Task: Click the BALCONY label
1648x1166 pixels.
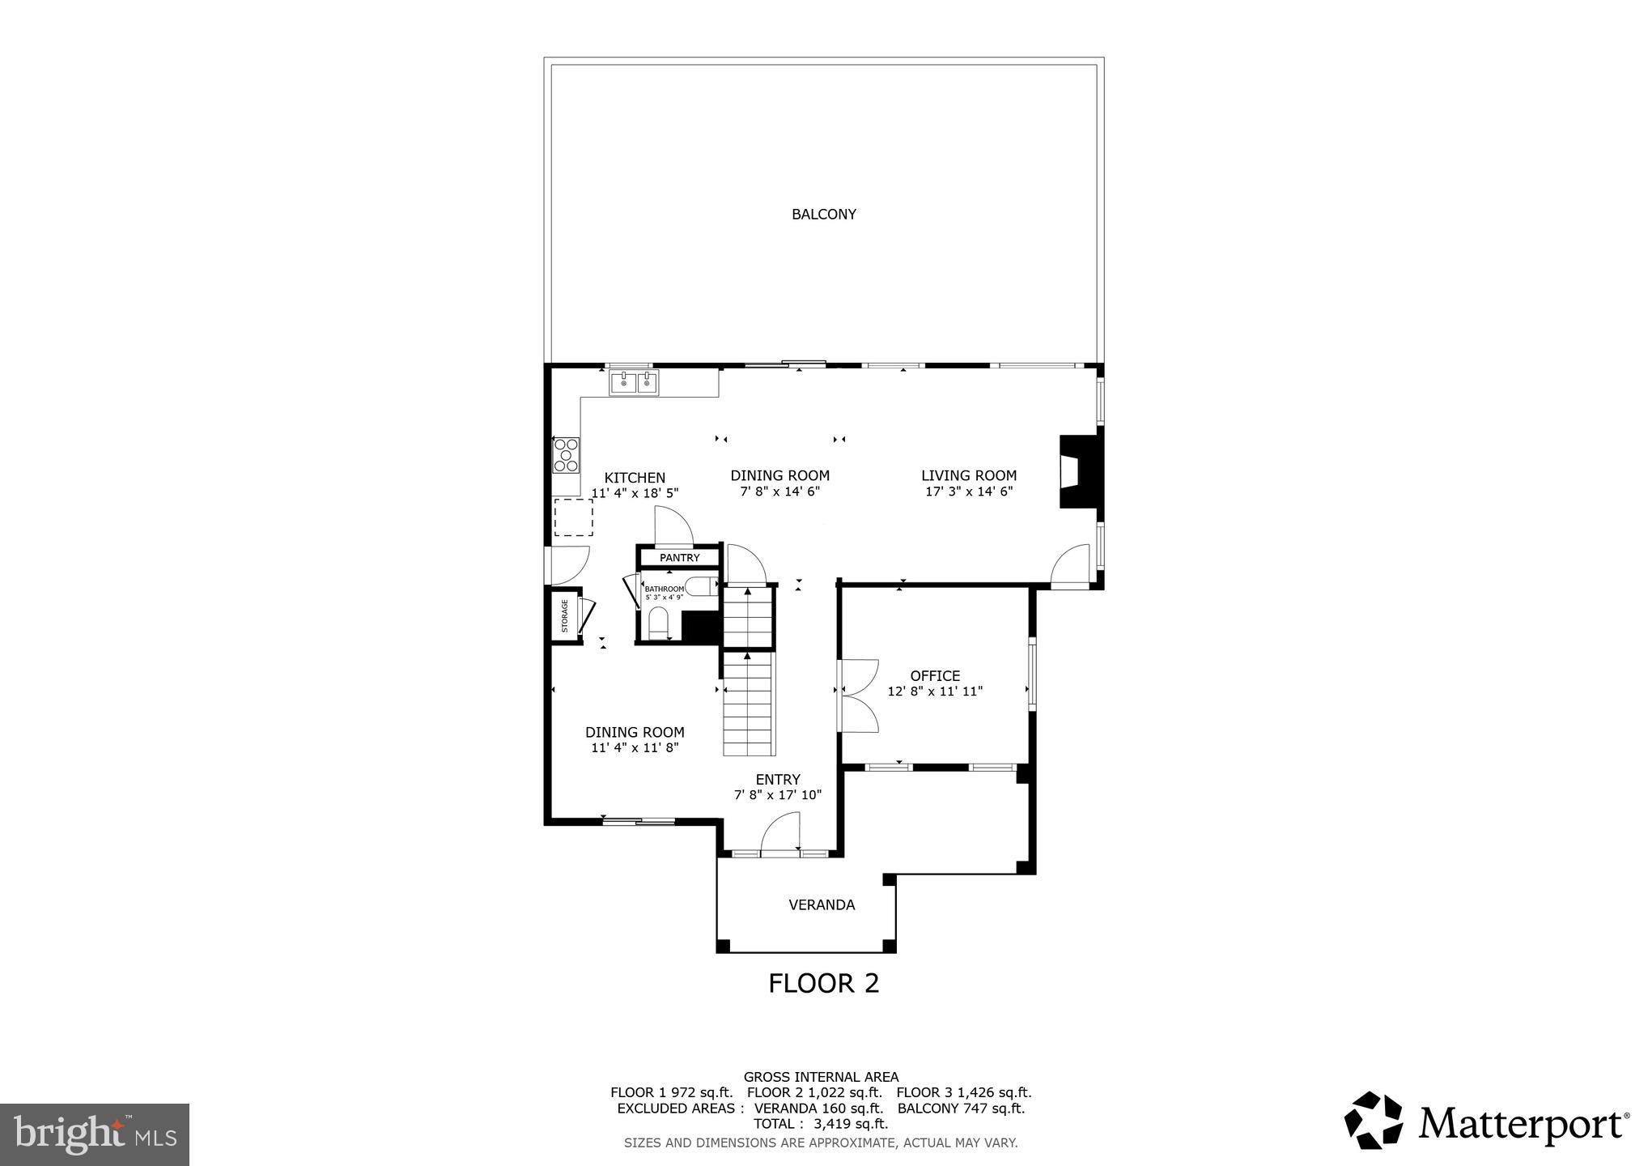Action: pos(823,215)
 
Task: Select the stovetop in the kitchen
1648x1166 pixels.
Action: pos(566,455)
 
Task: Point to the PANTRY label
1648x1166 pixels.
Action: pos(679,558)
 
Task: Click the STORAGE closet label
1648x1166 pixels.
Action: pos(564,616)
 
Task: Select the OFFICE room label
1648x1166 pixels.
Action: pos(935,675)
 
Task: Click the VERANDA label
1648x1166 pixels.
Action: pos(822,905)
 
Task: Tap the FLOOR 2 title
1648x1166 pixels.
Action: pos(823,983)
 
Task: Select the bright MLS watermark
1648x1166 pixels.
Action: pos(95,1134)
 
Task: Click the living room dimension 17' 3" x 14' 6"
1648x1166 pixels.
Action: pos(969,492)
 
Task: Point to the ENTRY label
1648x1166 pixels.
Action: pos(778,780)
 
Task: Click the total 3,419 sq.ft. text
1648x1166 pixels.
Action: pos(821,1124)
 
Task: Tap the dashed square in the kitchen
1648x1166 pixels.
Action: pos(573,517)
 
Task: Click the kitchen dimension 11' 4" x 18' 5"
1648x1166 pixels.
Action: pos(635,493)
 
